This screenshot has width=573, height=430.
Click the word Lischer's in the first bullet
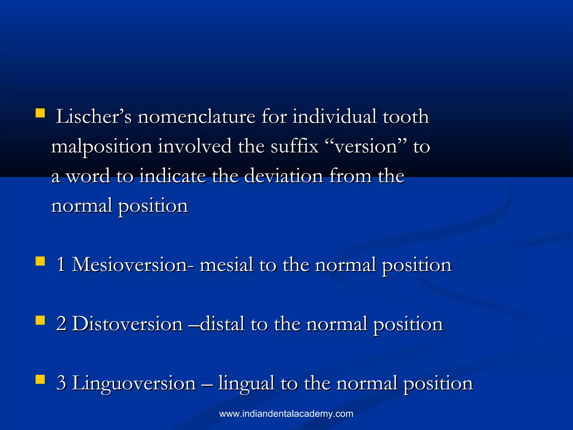click(x=93, y=117)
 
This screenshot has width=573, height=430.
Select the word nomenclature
click(x=196, y=117)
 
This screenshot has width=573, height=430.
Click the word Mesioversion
click(x=130, y=265)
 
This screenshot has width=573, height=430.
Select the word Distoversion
click(x=128, y=324)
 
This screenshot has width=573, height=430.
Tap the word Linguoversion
click(x=134, y=383)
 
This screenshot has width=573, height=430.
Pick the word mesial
click(x=226, y=265)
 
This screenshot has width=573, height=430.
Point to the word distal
click(x=222, y=324)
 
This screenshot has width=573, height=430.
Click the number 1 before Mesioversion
click(x=61, y=265)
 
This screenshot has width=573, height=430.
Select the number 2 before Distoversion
click(x=61, y=324)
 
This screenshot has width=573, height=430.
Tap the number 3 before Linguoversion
click(x=61, y=383)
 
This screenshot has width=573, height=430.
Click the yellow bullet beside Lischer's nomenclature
click(x=40, y=113)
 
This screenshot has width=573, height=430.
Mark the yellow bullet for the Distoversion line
click(x=40, y=320)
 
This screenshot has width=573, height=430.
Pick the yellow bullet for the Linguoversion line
click(x=40, y=380)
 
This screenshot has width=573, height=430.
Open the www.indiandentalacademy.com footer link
click(x=286, y=414)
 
